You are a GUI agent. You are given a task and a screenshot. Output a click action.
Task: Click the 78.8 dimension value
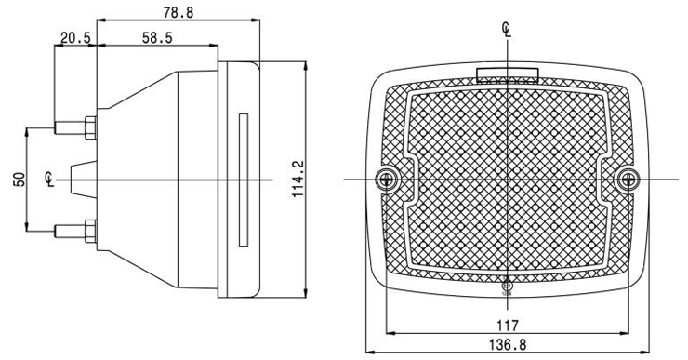(179, 12)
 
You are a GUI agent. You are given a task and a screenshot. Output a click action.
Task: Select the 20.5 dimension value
(75, 38)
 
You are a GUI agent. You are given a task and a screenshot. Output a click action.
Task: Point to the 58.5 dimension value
(157, 38)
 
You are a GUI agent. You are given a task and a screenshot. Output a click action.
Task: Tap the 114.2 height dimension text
(298, 179)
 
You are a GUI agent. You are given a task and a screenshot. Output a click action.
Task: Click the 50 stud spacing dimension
(20, 180)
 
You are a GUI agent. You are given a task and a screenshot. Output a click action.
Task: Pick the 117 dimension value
(508, 326)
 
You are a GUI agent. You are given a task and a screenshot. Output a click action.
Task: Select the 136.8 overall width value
(508, 344)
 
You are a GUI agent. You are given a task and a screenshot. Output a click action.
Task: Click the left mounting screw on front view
(387, 180)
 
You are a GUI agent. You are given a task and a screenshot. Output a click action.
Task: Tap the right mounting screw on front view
(628, 180)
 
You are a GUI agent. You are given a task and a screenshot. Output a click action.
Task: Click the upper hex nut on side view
(90, 127)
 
